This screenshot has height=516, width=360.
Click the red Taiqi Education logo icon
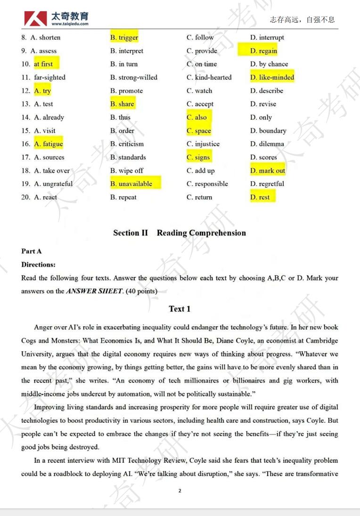coord(36,18)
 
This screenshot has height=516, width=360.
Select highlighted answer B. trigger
coord(124,38)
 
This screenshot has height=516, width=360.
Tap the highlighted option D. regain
coord(263,51)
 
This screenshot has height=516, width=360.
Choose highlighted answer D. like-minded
coord(272,77)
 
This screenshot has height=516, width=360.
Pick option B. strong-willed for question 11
coord(134,77)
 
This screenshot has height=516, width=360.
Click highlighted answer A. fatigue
coord(48,144)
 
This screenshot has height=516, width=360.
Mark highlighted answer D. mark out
coord(268,170)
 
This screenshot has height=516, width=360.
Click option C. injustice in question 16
coord(203,144)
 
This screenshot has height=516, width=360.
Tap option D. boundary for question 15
coord(268,131)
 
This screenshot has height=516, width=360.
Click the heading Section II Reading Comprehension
coord(180,233)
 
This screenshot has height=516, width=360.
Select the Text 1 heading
coord(180,309)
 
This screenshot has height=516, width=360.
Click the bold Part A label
coord(31,251)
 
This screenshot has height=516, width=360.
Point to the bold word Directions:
coord(38,265)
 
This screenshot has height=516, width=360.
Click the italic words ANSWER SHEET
coord(94,291)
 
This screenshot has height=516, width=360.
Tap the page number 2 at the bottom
coord(180,491)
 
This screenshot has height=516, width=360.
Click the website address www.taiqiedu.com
coord(70,24)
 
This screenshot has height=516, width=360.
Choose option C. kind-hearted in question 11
coord(209,77)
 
